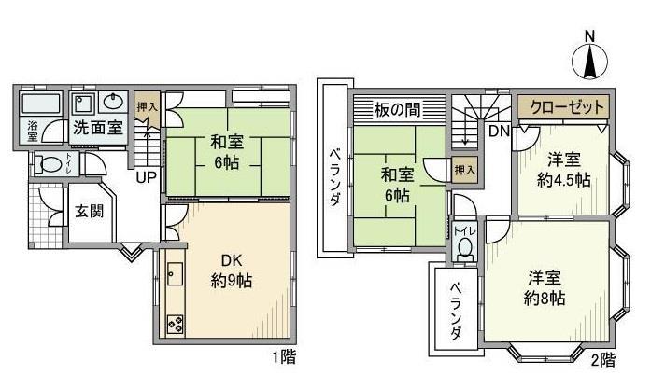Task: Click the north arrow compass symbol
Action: tap(589, 61)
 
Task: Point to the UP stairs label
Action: tap(147, 177)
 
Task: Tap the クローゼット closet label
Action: tap(564, 105)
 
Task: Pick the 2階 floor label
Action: tap(603, 358)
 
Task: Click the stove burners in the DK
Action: tap(175, 324)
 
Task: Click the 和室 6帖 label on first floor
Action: tap(221, 152)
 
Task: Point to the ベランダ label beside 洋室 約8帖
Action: tap(455, 311)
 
